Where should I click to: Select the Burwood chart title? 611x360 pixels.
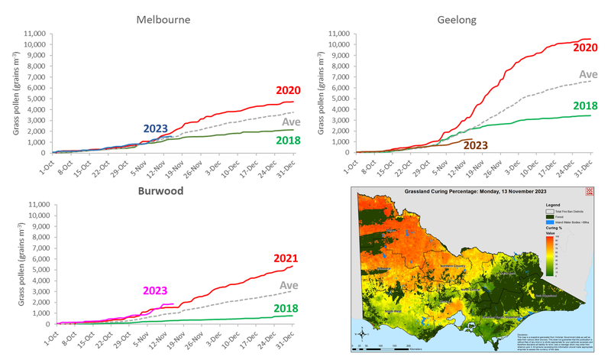click(x=162, y=190)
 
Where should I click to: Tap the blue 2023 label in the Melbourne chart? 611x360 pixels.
click(x=156, y=128)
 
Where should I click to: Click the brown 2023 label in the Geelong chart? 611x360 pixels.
click(x=475, y=144)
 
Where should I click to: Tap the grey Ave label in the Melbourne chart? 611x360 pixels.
click(x=291, y=122)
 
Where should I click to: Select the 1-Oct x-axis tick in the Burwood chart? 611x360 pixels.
click(x=52, y=340)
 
